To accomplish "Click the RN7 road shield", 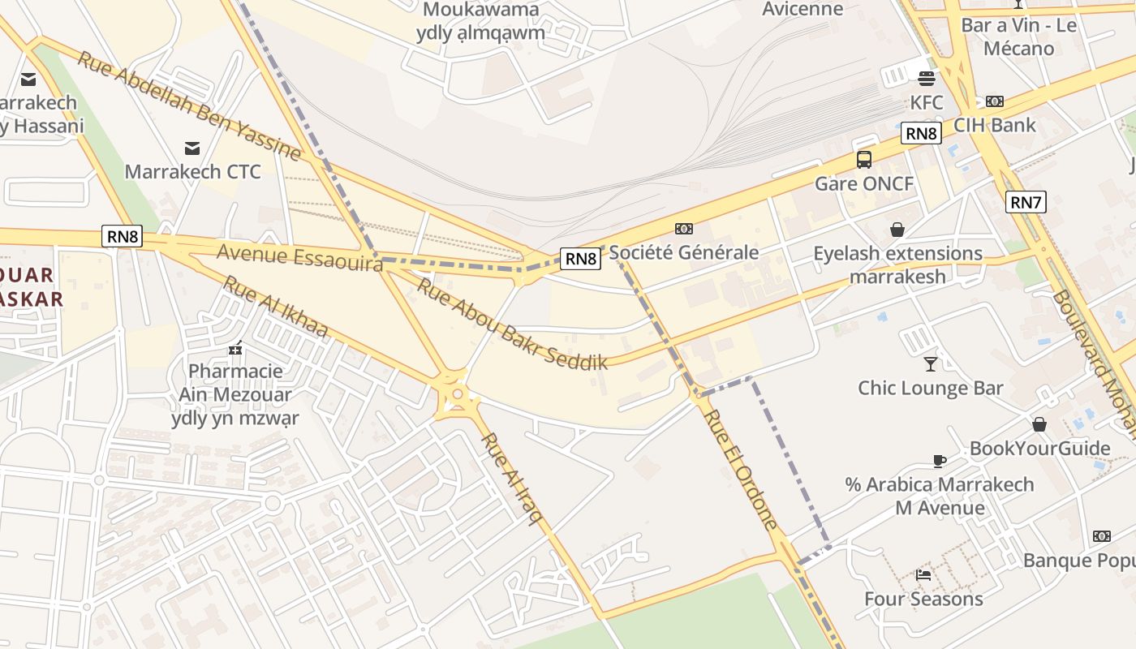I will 1026,202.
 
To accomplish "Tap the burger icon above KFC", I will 927,79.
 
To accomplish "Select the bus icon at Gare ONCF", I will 864,159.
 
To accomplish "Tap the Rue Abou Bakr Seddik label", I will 512,324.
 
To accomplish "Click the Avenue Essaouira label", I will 299,258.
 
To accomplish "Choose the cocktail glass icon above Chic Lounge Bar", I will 930,363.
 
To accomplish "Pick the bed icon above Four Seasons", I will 923,575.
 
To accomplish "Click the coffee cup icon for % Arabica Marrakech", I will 939,461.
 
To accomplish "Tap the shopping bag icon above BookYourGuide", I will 1039,424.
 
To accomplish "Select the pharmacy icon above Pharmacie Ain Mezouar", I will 235,348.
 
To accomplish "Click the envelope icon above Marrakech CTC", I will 192,148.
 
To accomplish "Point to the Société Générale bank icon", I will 684,229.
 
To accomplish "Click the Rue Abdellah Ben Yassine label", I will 189,105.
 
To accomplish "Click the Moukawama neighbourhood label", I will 481,10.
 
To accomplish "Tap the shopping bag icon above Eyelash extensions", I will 897,230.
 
